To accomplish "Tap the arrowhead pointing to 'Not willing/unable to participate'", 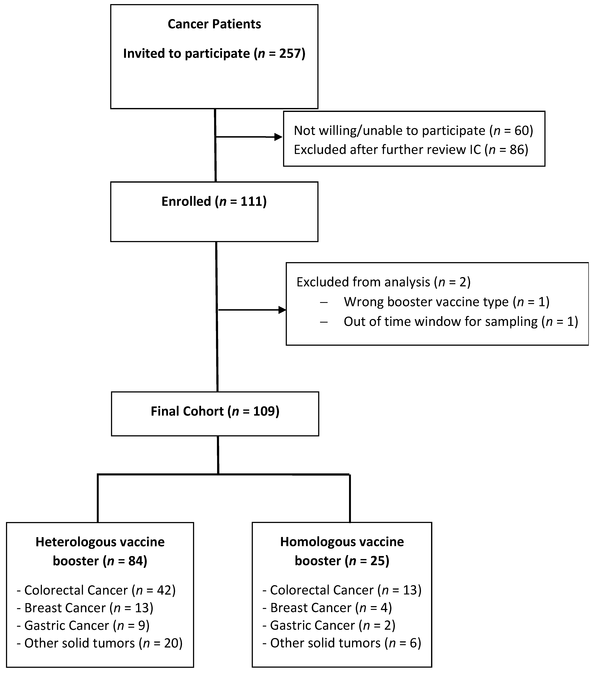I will point(278,137).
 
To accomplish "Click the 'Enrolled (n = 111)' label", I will point(214,201).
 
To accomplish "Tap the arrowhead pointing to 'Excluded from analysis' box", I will point(282,310).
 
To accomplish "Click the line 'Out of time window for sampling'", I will point(461,321).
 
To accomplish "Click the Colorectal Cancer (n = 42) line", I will point(100,590).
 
